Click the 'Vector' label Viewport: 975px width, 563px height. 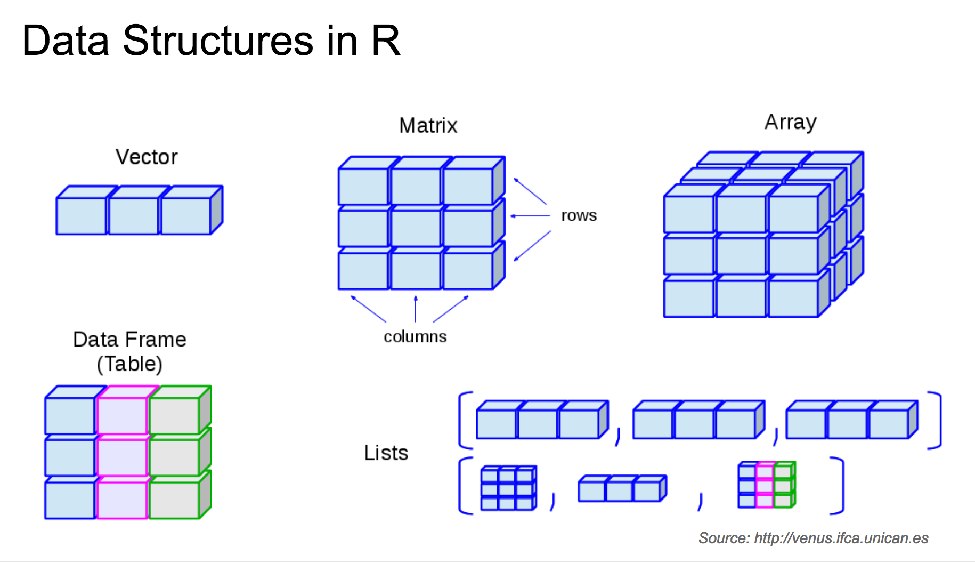click(x=147, y=157)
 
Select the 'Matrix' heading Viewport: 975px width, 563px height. click(x=428, y=126)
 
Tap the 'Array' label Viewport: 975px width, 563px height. click(x=790, y=123)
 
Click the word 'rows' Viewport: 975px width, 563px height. click(x=579, y=216)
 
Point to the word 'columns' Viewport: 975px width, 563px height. click(x=415, y=337)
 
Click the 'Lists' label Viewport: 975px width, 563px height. click(x=386, y=453)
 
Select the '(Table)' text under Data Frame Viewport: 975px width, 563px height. click(x=129, y=364)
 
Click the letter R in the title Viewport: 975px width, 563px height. click(x=386, y=41)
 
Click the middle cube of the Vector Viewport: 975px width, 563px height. click(x=134, y=215)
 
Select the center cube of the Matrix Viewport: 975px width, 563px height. click(x=416, y=228)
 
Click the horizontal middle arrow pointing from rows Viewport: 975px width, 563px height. click(x=530, y=216)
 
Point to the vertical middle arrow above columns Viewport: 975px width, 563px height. click(x=416, y=309)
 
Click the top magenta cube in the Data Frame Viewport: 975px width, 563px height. click(x=123, y=415)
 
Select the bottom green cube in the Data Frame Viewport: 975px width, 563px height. click(x=175, y=500)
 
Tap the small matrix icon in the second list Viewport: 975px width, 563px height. click(x=508, y=488)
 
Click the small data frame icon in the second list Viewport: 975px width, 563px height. click(x=766, y=485)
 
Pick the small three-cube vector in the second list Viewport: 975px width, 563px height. click(x=621, y=488)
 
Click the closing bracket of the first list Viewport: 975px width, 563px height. click(x=936, y=420)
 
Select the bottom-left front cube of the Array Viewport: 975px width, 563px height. click(x=688, y=299)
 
